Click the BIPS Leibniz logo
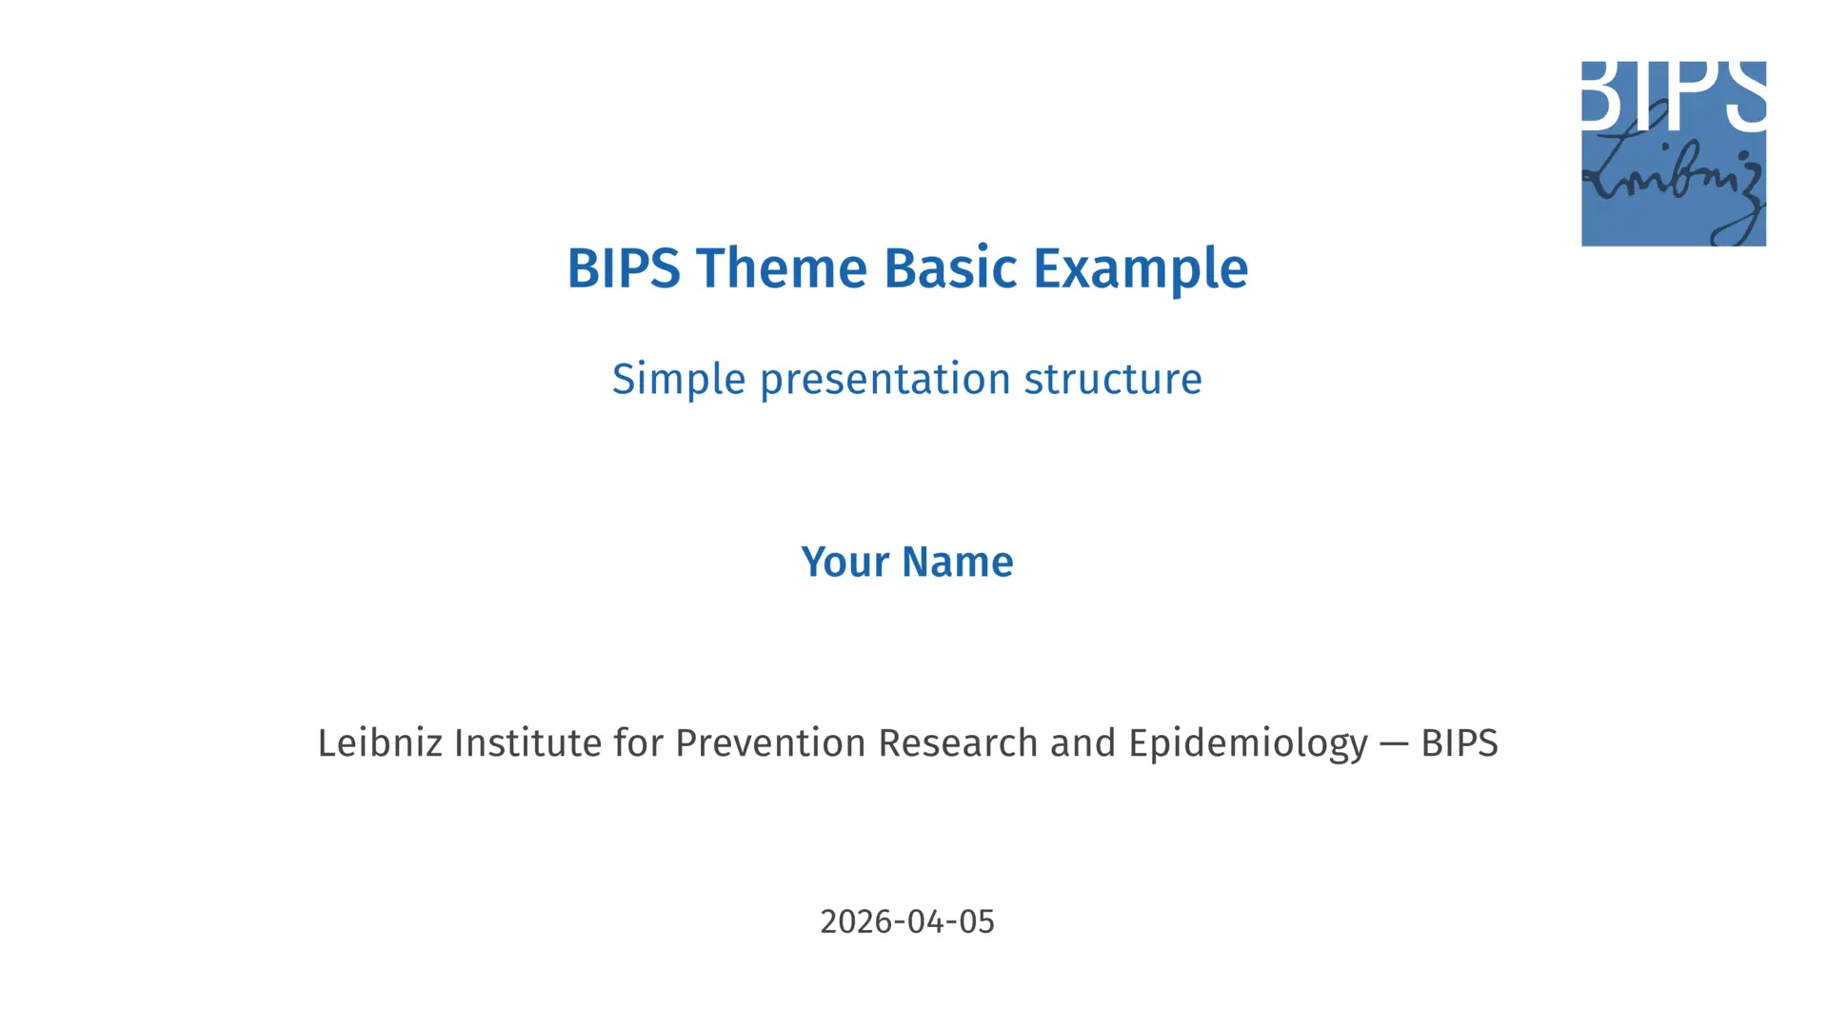(1674, 153)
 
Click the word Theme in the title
(781, 268)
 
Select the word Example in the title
(1141, 271)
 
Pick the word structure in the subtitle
(1113, 380)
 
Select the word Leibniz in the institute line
(380, 743)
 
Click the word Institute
(527, 743)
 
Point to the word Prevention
(770, 743)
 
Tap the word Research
(958, 743)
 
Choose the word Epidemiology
(1248, 745)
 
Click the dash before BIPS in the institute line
(1394, 744)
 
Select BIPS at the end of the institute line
(1460, 743)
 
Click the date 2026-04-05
(907, 921)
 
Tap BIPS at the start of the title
(624, 268)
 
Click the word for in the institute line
(638, 743)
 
